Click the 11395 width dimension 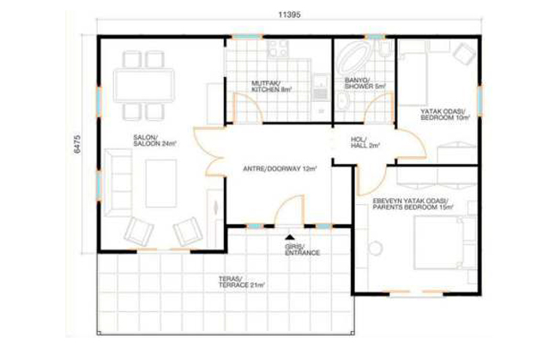(289, 15)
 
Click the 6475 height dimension (77, 143)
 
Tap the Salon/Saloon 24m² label (154, 141)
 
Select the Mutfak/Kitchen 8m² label (272, 87)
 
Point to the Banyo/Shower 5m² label (365, 83)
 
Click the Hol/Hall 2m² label (365, 143)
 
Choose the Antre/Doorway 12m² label (280, 169)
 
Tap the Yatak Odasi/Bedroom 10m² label (444, 115)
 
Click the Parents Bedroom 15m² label (413, 204)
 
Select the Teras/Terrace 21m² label (241, 282)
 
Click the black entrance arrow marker (290, 237)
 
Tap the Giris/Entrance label (302, 249)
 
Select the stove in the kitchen (278, 49)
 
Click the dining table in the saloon (143, 86)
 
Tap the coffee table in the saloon (161, 183)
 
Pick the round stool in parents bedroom (375, 248)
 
